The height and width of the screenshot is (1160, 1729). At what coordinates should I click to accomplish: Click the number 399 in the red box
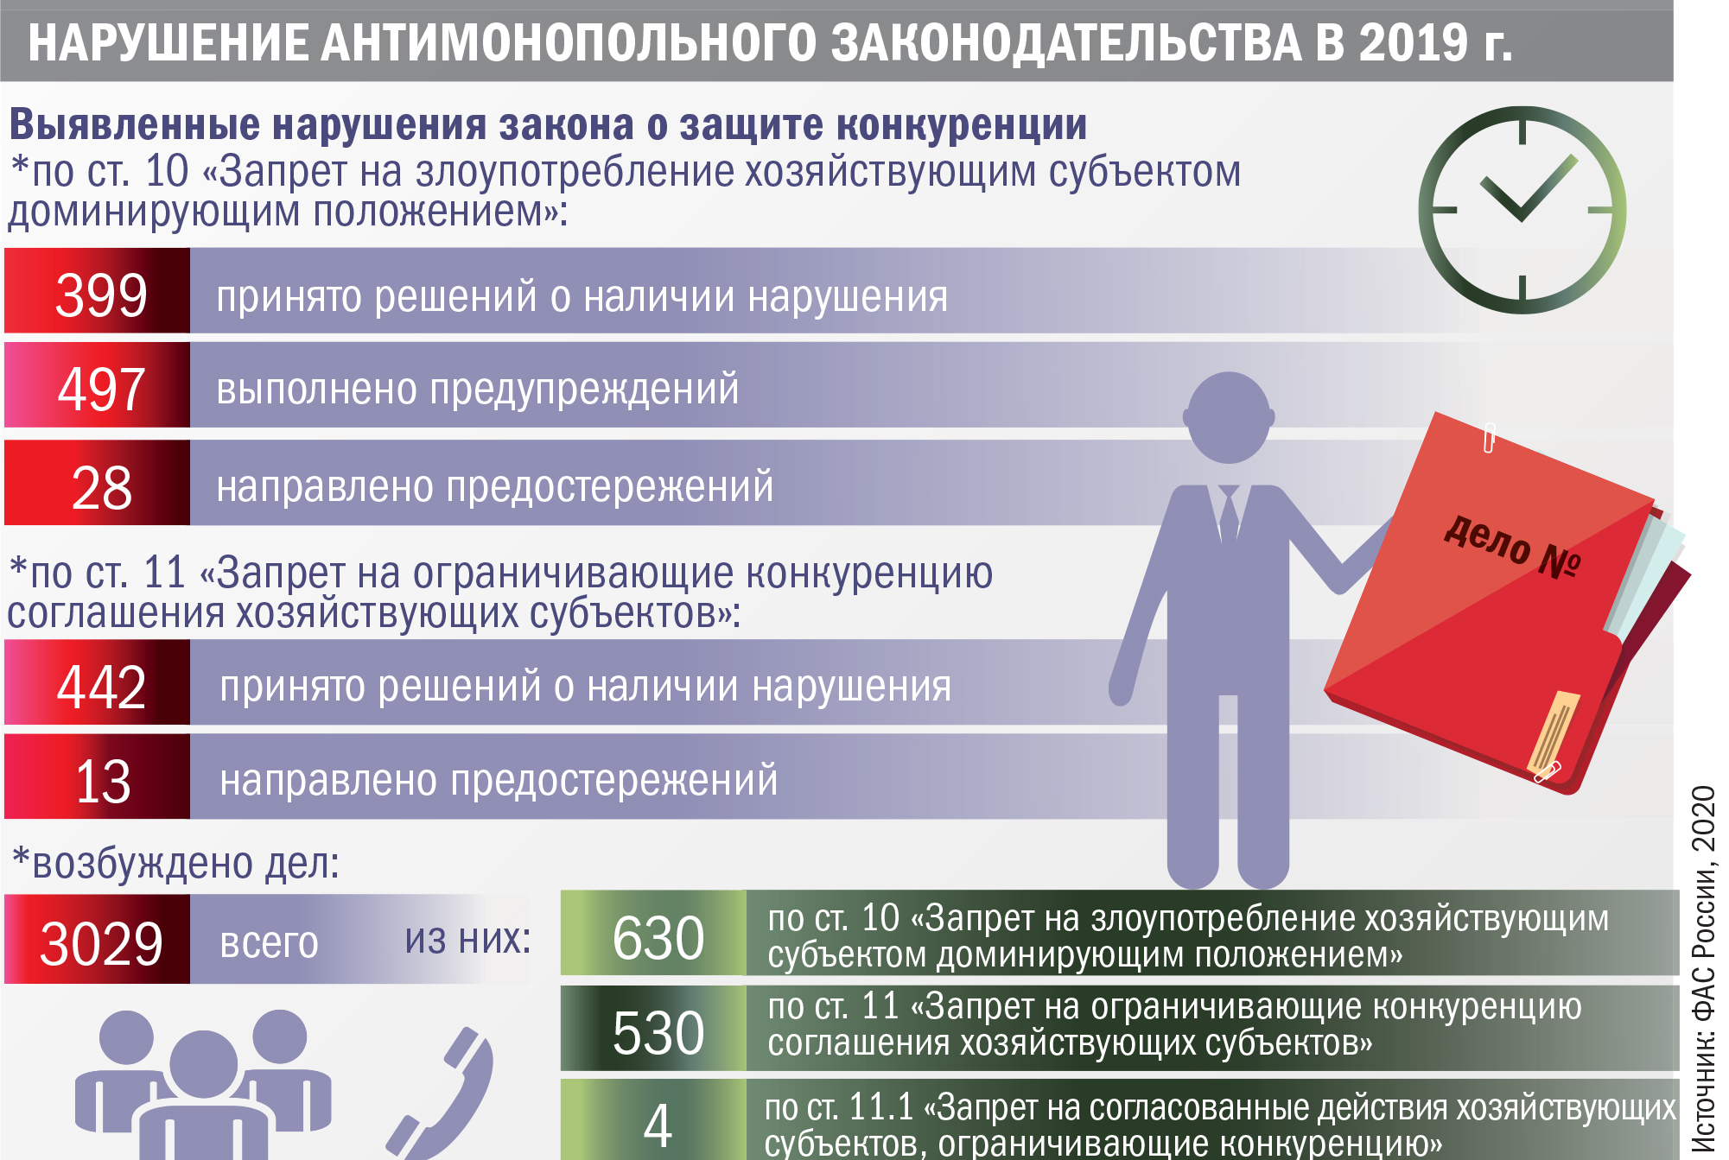(101, 295)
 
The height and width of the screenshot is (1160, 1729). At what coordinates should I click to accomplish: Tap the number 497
(101, 390)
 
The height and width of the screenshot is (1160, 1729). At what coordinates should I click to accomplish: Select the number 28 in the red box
(101, 488)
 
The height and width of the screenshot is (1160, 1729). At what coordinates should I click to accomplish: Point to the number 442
(101, 688)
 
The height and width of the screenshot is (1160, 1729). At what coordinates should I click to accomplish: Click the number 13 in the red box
(103, 782)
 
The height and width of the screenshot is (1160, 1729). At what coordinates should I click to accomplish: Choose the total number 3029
(101, 943)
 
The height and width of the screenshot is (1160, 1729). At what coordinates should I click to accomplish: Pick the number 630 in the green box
(658, 938)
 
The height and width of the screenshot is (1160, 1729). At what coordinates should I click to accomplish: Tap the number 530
(658, 1033)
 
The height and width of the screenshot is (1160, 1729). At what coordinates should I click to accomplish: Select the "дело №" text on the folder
(1512, 545)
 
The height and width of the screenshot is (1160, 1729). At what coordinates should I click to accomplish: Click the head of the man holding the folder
(1229, 417)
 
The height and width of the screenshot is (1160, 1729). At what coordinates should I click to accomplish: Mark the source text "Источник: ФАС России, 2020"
(1703, 968)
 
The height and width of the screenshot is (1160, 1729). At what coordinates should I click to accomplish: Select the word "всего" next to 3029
(270, 942)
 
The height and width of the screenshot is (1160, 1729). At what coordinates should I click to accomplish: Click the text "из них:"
(467, 939)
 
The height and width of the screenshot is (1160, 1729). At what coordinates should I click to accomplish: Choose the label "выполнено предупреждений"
(478, 389)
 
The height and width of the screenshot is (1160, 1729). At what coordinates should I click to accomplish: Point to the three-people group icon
(203, 1084)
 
